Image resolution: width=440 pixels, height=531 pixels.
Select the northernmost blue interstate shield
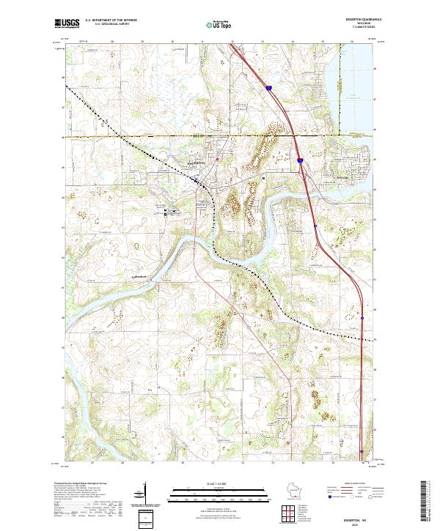click(x=268, y=88)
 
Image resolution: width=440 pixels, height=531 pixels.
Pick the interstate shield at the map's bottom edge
click(x=363, y=452)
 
